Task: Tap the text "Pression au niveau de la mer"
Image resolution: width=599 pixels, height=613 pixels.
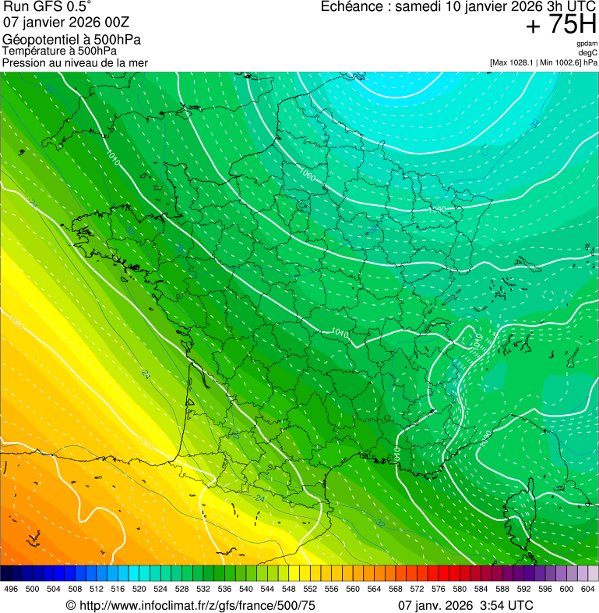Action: point(75,62)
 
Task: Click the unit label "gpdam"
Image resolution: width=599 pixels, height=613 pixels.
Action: point(587,44)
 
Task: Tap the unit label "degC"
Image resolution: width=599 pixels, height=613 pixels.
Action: point(588,52)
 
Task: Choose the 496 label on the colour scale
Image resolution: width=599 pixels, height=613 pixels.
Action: point(11,589)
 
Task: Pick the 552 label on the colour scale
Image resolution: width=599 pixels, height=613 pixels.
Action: point(309,589)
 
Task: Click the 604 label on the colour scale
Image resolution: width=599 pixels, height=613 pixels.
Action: point(588,589)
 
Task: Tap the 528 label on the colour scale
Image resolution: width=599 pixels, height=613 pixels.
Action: point(181,589)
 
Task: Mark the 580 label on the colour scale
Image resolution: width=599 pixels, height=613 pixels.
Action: point(460,589)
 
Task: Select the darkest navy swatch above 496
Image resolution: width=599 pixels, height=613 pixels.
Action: point(11,573)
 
